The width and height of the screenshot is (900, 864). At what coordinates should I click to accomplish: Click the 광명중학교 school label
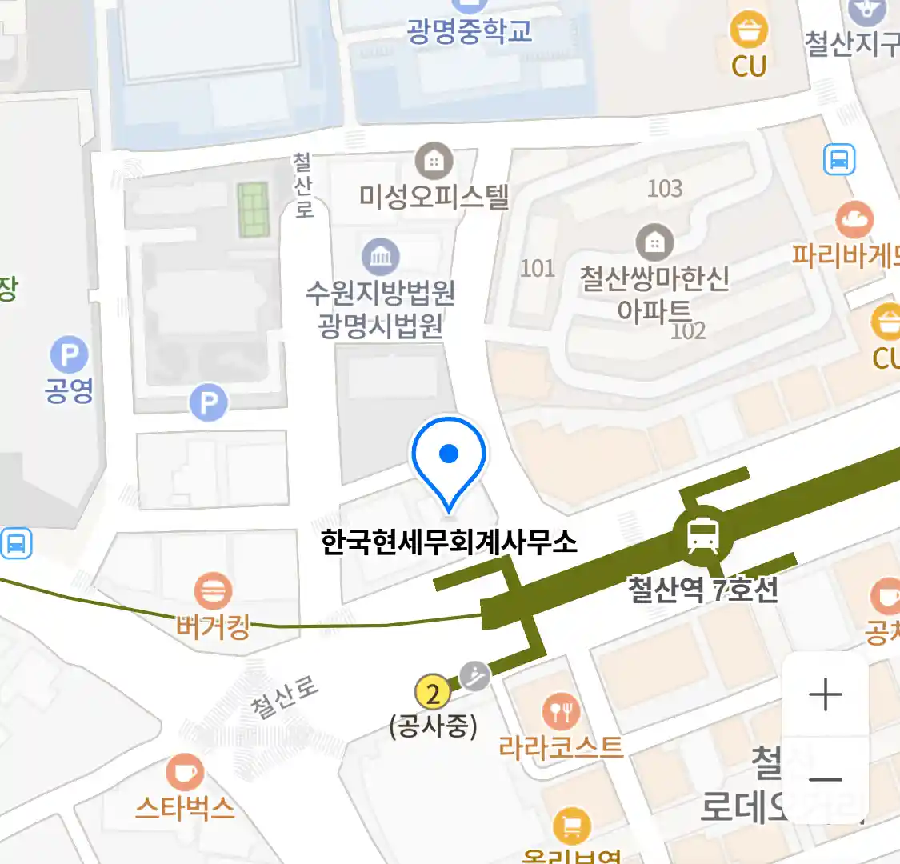[469, 30]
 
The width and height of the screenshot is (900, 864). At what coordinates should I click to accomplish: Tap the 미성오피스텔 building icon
[434, 161]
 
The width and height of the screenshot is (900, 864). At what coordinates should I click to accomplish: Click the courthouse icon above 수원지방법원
[381, 257]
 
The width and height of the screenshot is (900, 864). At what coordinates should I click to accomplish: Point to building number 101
[538, 268]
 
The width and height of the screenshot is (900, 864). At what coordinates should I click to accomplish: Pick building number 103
[665, 188]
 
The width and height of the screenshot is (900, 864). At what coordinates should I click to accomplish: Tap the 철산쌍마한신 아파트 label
[654, 294]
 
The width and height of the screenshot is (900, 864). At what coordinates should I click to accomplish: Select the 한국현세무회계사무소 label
[449, 542]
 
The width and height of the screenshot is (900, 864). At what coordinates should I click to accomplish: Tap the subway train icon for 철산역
[702, 535]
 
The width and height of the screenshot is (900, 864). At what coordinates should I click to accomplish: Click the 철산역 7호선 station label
[702, 590]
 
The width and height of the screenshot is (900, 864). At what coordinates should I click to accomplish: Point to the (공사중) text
[433, 726]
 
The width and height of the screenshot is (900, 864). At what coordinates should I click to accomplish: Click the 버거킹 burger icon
[213, 592]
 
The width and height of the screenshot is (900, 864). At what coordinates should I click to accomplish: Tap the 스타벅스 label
[185, 808]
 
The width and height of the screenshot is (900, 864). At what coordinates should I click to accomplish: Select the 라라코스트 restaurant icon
[561, 710]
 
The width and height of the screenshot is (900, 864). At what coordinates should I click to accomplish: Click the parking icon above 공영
[69, 354]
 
